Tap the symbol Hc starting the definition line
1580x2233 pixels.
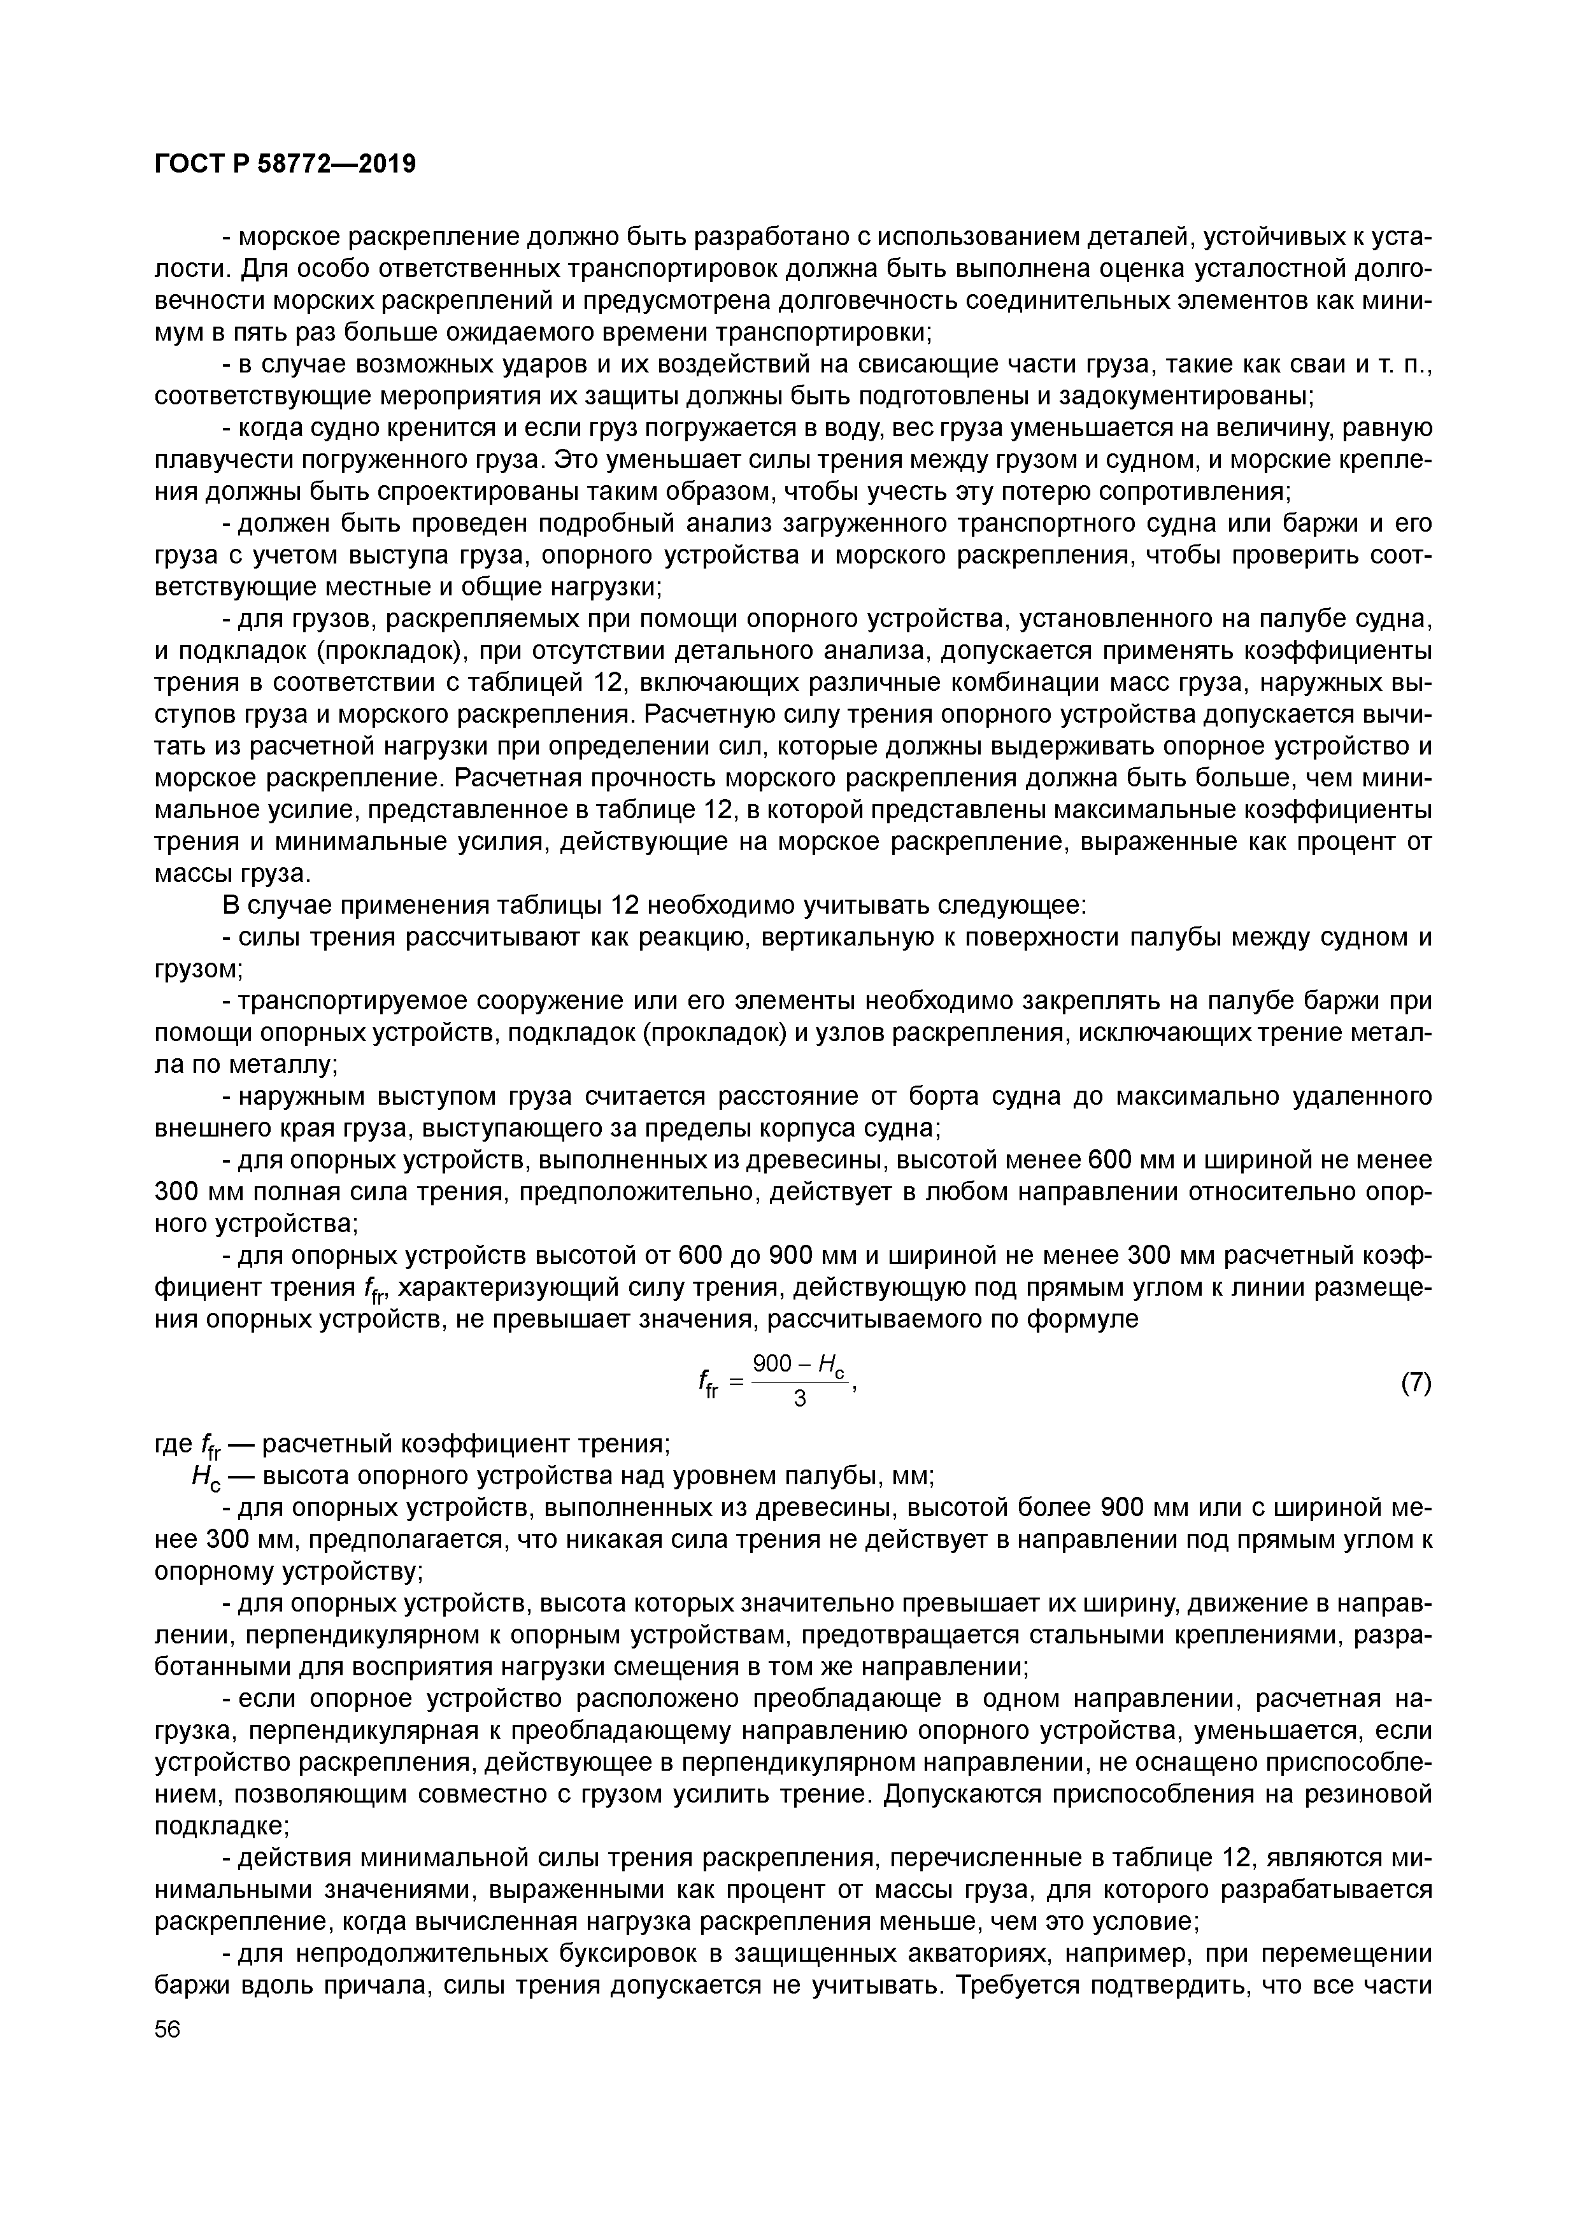[207, 1478]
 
